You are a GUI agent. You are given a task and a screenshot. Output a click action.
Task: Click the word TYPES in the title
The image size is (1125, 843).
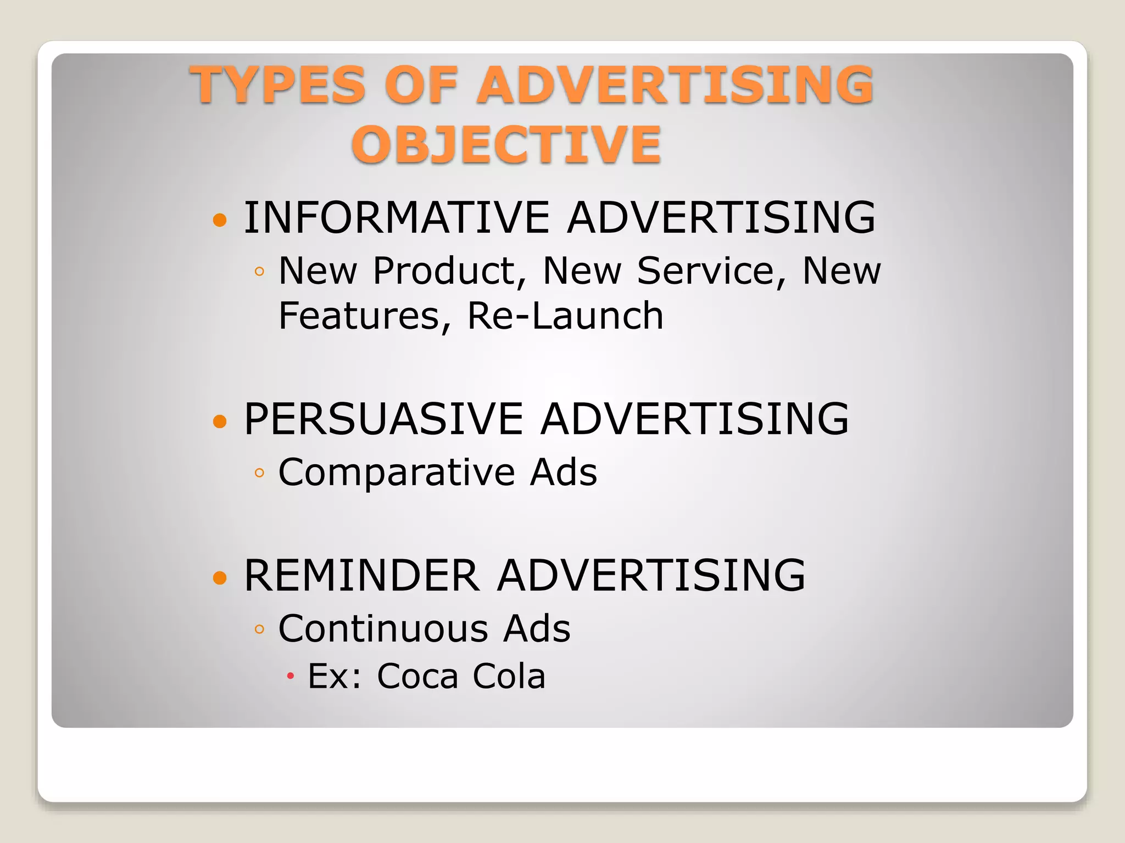point(278,85)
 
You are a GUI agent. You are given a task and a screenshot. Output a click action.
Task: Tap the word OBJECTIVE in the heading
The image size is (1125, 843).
point(506,144)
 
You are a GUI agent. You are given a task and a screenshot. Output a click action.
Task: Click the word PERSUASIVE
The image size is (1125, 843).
point(383,419)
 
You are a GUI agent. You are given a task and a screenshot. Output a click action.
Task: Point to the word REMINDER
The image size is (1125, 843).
point(361,575)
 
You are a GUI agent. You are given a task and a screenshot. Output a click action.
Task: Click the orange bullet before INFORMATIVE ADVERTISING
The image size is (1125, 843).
point(220,220)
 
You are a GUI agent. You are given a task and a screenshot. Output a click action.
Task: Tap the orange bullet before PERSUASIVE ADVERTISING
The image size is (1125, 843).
point(220,421)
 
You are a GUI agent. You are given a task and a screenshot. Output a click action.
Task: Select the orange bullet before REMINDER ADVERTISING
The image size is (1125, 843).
point(220,577)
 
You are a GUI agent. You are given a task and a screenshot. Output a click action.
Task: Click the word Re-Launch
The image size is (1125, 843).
point(565,316)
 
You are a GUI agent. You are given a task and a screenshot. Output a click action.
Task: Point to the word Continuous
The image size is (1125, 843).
point(383,628)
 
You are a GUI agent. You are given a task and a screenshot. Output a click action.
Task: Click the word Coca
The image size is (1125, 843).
point(417,676)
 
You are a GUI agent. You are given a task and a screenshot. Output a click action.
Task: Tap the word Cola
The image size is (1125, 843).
point(509,676)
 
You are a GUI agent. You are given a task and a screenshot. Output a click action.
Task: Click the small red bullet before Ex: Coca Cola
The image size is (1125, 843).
point(291,676)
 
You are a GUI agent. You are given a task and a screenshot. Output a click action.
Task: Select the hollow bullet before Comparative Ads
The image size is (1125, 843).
point(260,473)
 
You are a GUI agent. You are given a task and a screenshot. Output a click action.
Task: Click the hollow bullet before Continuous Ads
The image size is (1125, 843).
point(260,629)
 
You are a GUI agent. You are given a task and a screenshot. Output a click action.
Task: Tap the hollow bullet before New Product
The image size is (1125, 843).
point(260,271)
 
